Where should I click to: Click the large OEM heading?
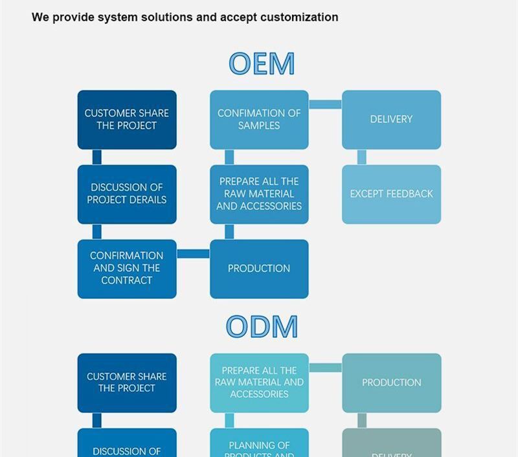[262, 63]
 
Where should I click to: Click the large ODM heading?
[262, 326]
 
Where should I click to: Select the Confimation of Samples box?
[259, 120]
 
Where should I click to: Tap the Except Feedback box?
[391, 194]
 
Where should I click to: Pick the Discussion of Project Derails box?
[127, 194]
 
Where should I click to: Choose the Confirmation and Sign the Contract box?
[127, 269]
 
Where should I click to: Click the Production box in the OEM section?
[259, 269]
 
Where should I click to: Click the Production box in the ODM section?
[391, 383]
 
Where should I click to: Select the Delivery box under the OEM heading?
[391, 120]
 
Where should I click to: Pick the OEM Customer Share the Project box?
[127, 120]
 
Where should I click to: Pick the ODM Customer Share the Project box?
[127, 383]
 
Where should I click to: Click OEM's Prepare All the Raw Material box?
[259, 194]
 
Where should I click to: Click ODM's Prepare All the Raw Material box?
[259, 383]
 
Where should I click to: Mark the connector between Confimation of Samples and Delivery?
[325, 104]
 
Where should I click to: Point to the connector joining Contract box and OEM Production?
[193, 254]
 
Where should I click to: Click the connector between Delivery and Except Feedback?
[361, 157]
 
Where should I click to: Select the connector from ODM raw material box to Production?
[325, 368]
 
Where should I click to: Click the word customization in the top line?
[299, 17]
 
